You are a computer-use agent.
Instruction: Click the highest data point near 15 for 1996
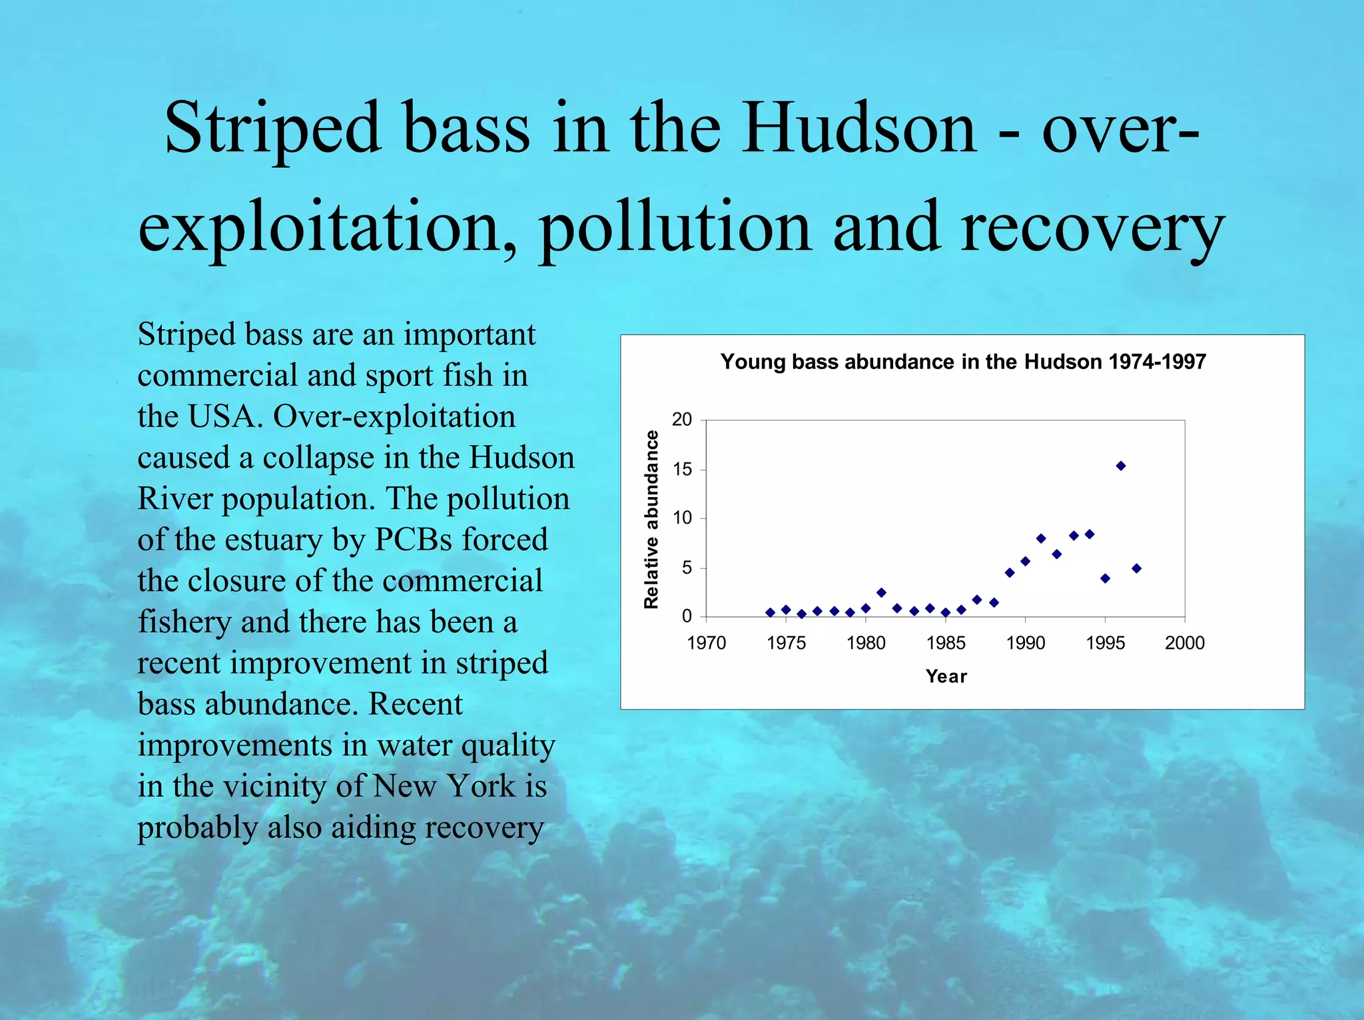1121,466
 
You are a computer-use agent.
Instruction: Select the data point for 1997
1137,568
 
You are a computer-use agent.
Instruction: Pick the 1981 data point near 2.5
882,592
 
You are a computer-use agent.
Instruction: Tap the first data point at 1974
770,612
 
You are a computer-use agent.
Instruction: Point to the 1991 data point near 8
1041,538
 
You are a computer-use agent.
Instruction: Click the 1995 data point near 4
1106,578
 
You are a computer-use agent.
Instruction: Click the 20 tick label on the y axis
682,420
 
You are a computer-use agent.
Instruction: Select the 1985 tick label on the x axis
946,643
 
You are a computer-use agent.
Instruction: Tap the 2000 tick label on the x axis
1185,643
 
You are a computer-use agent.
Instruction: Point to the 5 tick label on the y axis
687,568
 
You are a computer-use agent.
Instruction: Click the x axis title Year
946,676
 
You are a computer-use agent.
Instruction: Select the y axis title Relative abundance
651,519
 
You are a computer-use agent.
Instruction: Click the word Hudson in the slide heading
859,128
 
